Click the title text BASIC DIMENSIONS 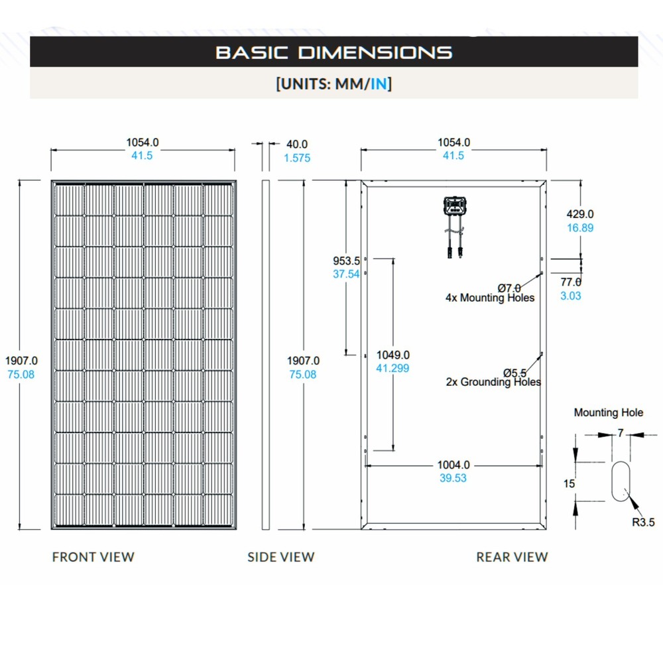[333, 52]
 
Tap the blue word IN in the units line [378, 84]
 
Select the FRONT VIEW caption [93, 557]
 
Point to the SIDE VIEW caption [281, 557]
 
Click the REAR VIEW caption [512, 557]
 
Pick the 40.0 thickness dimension [296, 144]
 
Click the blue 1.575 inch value [296, 158]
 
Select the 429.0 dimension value [579, 214]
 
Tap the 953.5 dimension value [345, 260]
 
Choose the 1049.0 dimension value [392, 355]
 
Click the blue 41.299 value [392, 368]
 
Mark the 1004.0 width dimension [453, 465]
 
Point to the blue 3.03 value [570, 296]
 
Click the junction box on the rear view [455, 207]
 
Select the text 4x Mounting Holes [489, 298]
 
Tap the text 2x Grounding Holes [493, 382]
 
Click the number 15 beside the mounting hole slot [569, 484]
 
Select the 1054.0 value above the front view [143, 142]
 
